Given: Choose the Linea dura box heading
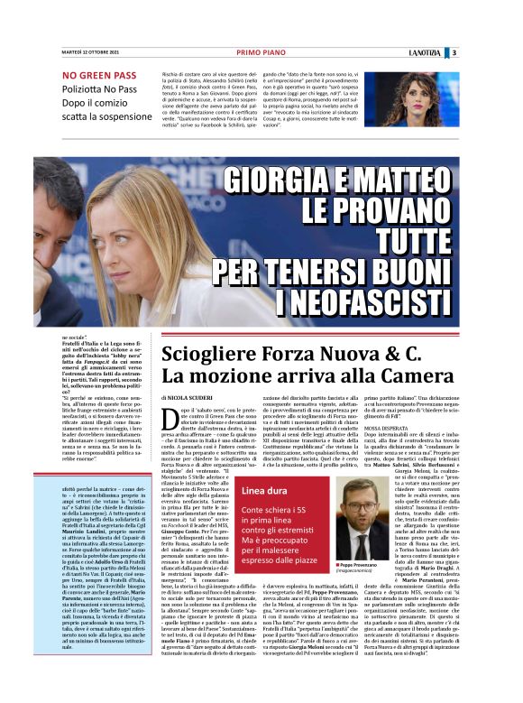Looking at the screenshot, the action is point(264,491).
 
